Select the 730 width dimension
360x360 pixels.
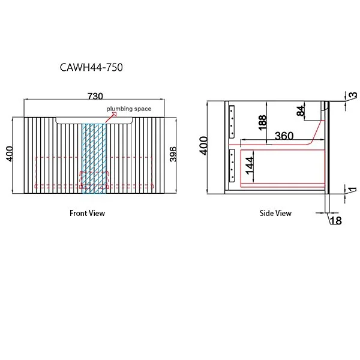pyautogui.click(x=95, y=96)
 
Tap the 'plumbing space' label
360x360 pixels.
pyautogui.click(x=129, y=109)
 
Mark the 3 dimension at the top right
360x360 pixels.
pyautogui.click(x=353, y=96)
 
